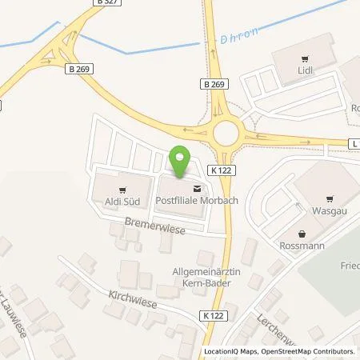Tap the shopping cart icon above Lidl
304,59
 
